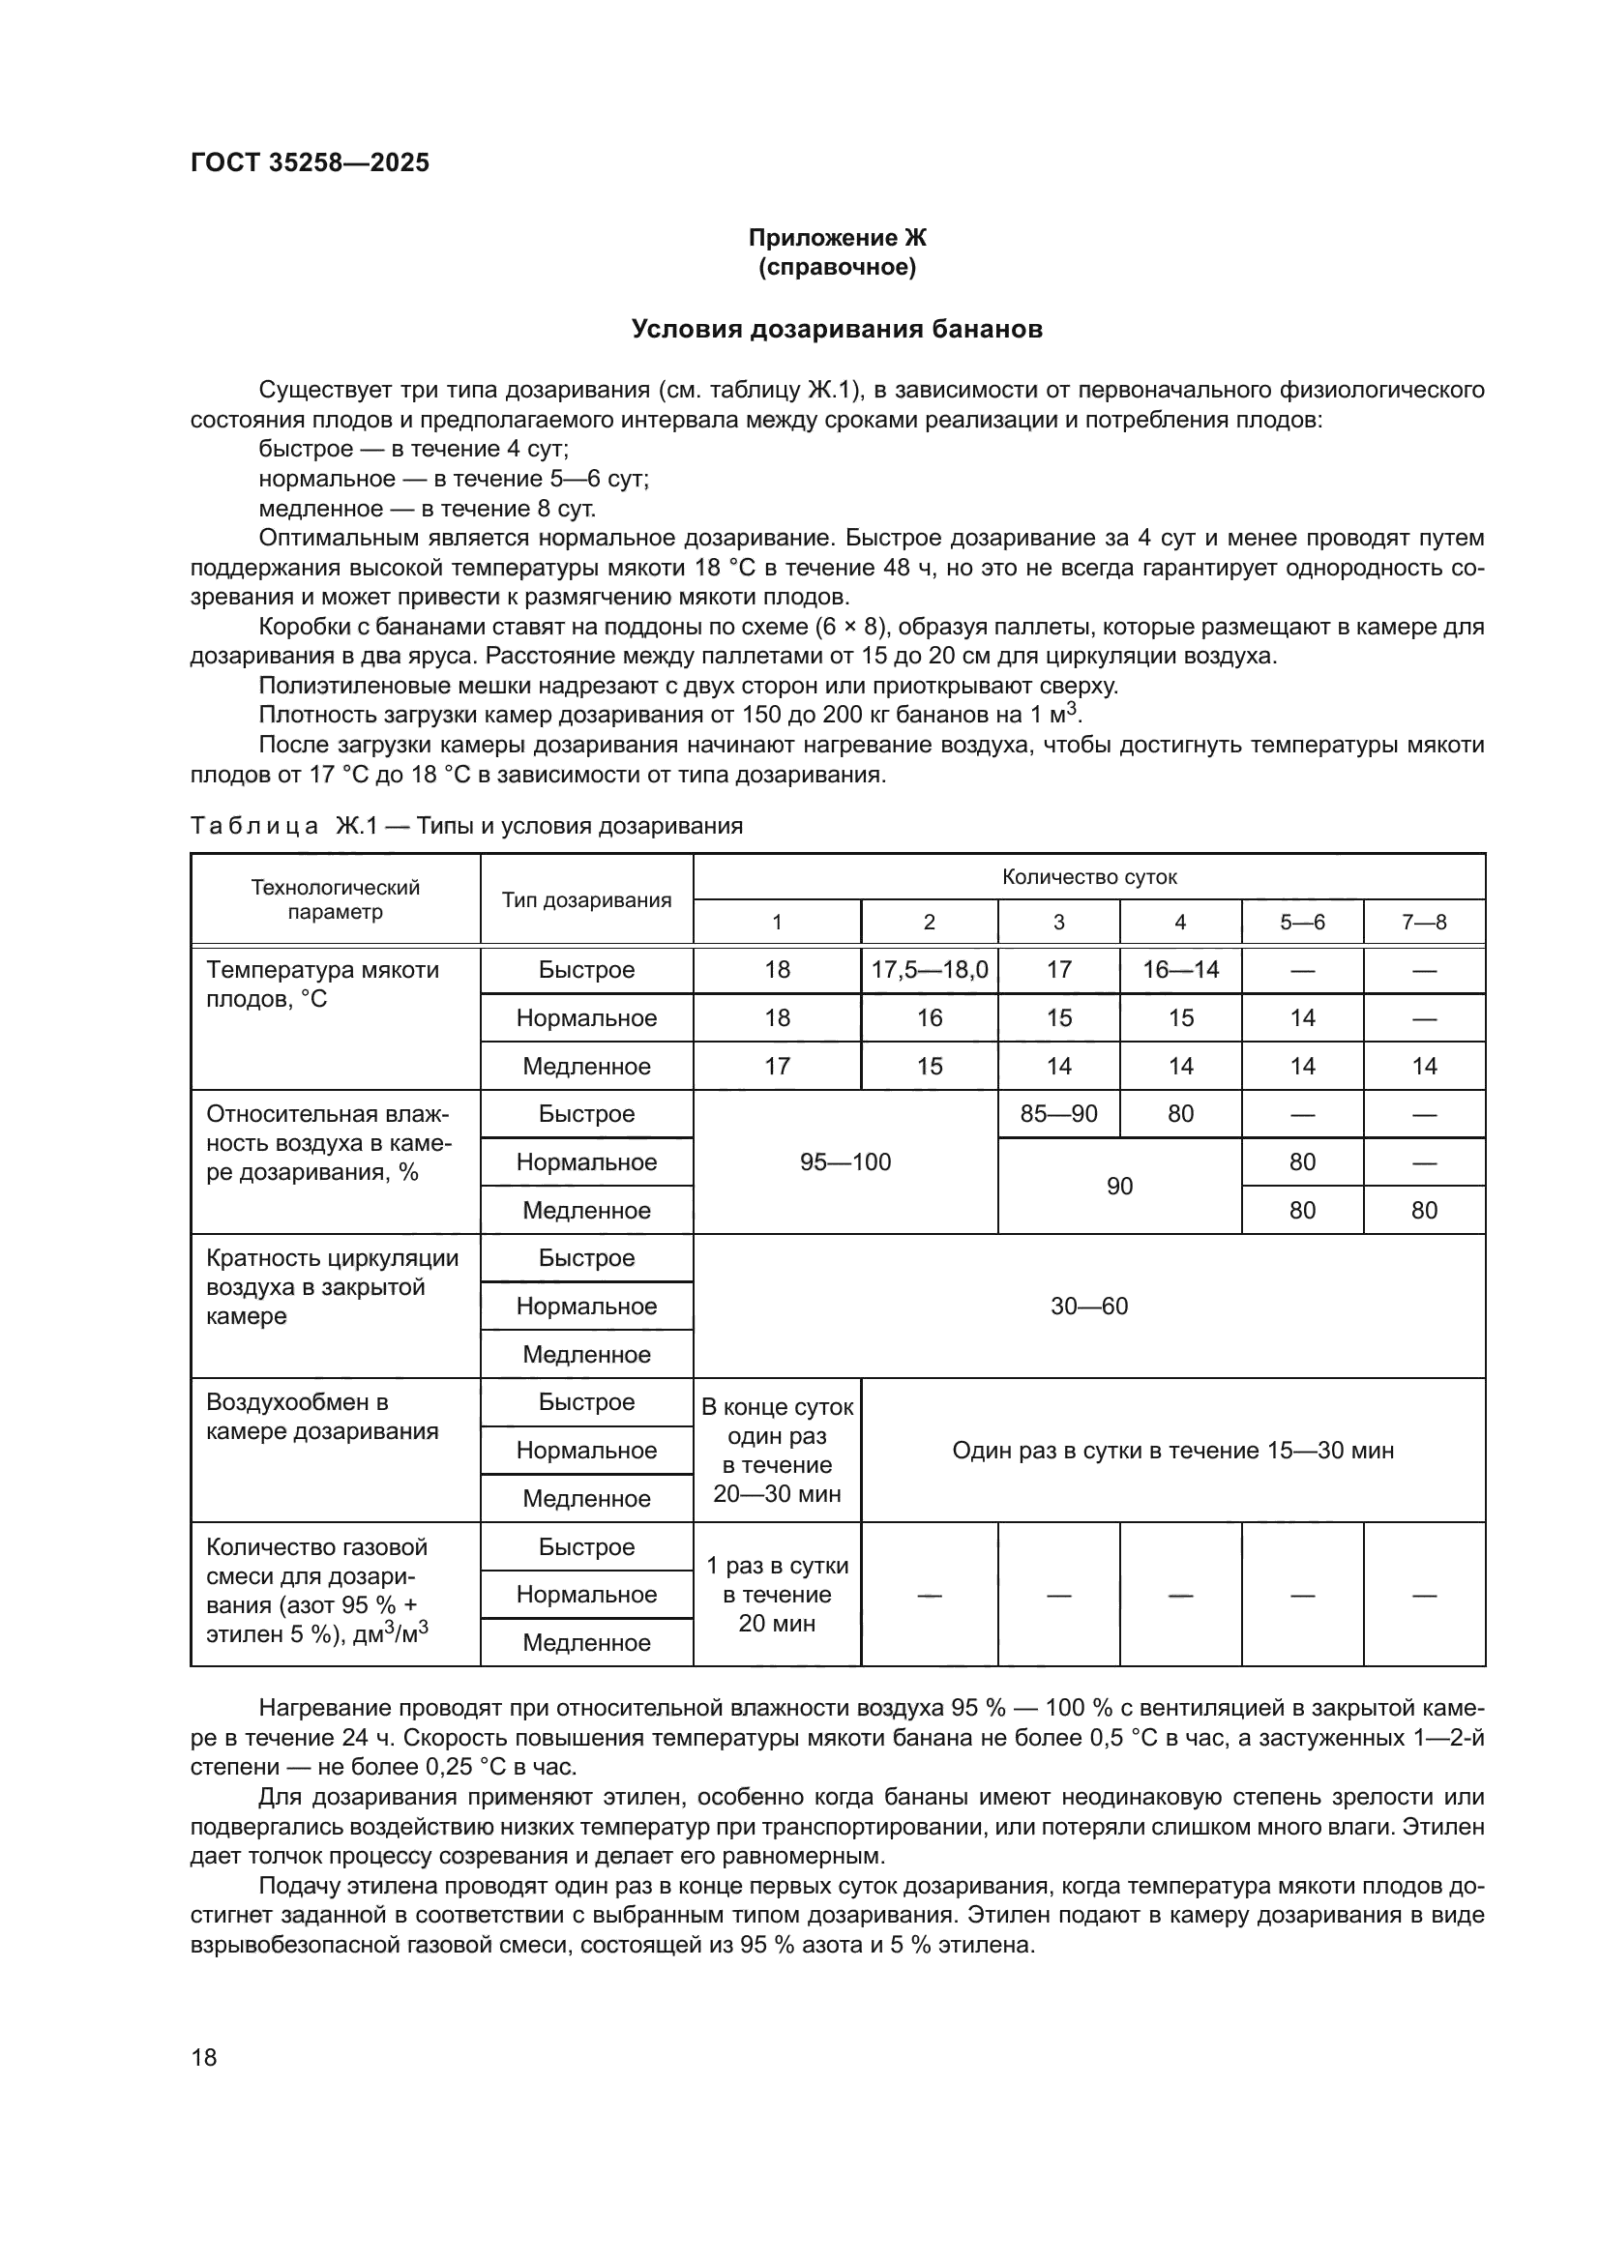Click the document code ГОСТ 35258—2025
310,162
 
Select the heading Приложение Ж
837,238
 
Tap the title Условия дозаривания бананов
837,329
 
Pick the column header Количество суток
1088,877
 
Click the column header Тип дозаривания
586,899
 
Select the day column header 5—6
1301,923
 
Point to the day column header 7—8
1424,923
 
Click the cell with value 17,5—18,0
929,969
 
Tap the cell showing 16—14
1179,969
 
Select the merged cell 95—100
844,1161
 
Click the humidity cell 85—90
1058,1113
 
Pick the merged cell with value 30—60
1088,1306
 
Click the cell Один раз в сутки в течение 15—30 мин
1172,1451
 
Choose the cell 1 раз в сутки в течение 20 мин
777,1594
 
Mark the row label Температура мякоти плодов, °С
322,984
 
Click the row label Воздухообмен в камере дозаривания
321,1416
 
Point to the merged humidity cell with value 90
1119,1187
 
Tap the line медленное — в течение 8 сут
427,509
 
